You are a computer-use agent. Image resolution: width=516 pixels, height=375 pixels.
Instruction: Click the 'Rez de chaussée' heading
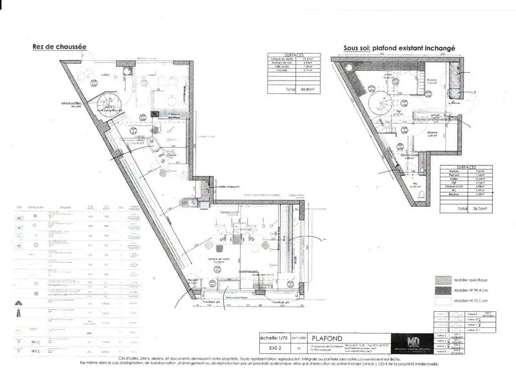(x=59, y=46)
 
